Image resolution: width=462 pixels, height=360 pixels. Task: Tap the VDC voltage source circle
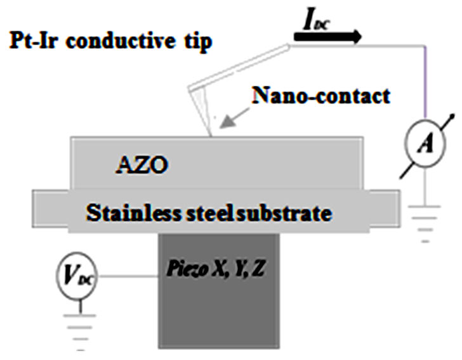pos(74,277)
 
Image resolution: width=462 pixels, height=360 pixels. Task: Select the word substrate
pos(292,213)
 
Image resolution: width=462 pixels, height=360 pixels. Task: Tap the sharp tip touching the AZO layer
pos(210,133)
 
